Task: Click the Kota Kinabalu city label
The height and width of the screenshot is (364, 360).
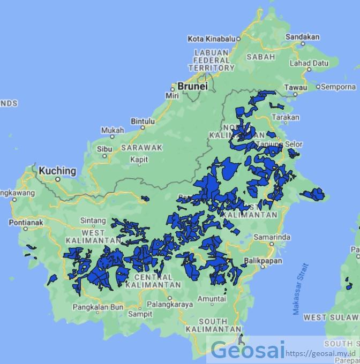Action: pos(212,39)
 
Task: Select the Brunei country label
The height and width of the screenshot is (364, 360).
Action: pos(192,86)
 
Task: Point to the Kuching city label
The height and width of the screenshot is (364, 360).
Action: pos(57,171)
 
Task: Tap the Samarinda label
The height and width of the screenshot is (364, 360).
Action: pos(272,237)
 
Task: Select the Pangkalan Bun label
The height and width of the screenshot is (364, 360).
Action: pos(98,307)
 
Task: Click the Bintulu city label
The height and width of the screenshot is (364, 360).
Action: pos(142,121)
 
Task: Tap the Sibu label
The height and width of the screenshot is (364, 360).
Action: pos(104,149)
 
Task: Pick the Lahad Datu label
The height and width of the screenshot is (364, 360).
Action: pos(309,63)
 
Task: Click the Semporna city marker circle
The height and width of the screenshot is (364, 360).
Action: pos(318,87)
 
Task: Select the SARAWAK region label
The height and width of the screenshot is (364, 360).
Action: pos(141,147)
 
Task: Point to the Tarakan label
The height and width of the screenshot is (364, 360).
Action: pos(286,117)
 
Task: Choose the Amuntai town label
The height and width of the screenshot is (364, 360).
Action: pos(212,299)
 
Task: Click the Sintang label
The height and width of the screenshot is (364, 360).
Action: pos(93,220)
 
